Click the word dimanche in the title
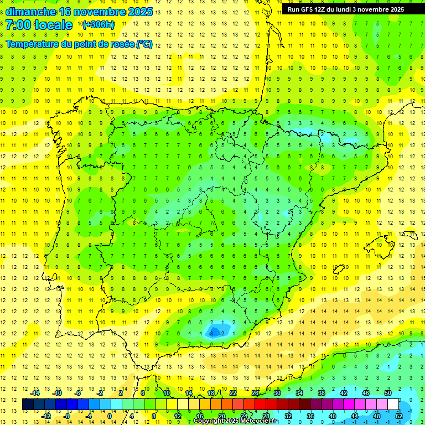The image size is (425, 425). tap(30, 12)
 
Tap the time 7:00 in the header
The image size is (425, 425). tap(18, 25)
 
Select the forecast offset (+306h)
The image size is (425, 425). tap(99, 24)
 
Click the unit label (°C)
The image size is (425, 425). tap(144, 44)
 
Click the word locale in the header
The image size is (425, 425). tap(53, 25)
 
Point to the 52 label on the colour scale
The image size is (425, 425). tap(399, 416)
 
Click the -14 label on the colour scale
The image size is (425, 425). tap(35, 393)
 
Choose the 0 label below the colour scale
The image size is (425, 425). tap(109, 416)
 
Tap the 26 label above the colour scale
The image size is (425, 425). tap(255, 393)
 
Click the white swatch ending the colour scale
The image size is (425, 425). tap(393, 405)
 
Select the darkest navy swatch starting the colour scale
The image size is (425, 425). tap(28, 405)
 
